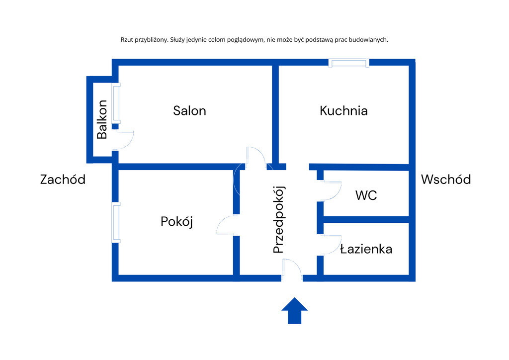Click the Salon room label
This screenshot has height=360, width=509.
point(189,111)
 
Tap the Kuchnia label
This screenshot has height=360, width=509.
point(343,111)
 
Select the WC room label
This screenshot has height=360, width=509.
point(366,195)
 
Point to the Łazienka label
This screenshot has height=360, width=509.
point(366,249)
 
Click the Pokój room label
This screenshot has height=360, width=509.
point(177,222)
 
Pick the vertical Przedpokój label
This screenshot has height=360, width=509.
point(278,219)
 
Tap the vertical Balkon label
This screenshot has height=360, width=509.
point(102,120)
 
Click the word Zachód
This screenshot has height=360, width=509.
point(63,179)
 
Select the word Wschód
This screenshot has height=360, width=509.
point(446,179)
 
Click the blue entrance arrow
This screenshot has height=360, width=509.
point(294,311)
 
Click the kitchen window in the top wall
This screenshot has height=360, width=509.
point(348,63)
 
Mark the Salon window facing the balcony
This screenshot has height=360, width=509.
point(116,103)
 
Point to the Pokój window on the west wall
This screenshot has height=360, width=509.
point(116,222)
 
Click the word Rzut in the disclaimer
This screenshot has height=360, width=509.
point(127,40)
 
